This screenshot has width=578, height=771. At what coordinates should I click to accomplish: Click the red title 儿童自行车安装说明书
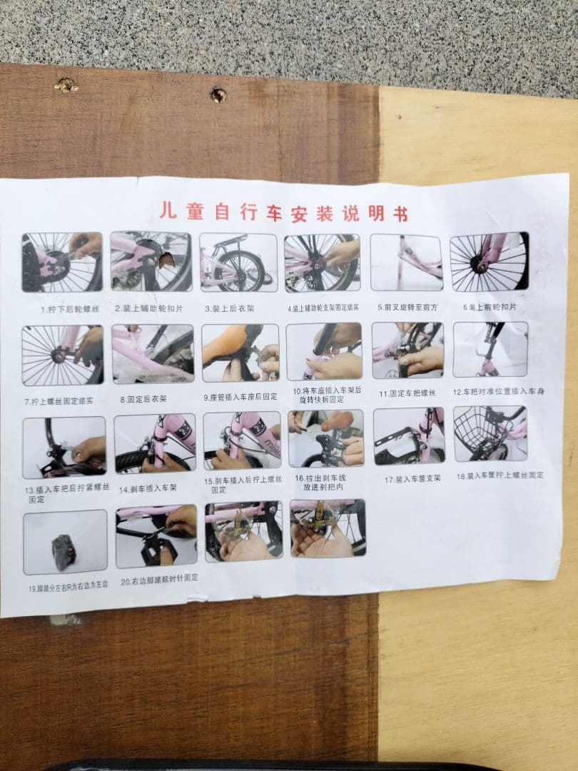[283, 212]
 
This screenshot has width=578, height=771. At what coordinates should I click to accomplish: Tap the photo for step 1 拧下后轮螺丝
[61, 262]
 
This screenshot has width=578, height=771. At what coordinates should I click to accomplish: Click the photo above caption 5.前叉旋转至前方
[406, 262]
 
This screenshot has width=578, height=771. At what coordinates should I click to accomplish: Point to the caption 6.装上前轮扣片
[489, 306]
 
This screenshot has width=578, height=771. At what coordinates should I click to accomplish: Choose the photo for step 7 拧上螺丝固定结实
[62, 355]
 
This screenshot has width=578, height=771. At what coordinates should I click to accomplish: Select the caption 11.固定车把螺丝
[407, 393]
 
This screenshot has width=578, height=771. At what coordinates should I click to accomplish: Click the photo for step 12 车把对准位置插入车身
[490, 349]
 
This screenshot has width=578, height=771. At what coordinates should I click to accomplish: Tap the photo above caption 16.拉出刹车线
[325, 438]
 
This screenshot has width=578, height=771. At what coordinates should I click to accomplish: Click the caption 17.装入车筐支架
[412, 480]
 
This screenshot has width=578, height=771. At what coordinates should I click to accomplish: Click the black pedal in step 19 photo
[64, 552]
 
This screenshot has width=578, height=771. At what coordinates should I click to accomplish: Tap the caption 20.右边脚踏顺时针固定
[159, 578]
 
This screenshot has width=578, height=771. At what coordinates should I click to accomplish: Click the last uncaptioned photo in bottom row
[328, 528]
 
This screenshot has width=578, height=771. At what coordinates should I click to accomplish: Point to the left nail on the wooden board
[66, 86]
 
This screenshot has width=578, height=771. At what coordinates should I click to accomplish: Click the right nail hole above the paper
[218, 94]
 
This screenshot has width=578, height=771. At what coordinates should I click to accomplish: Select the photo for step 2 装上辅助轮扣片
[151, 261]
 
